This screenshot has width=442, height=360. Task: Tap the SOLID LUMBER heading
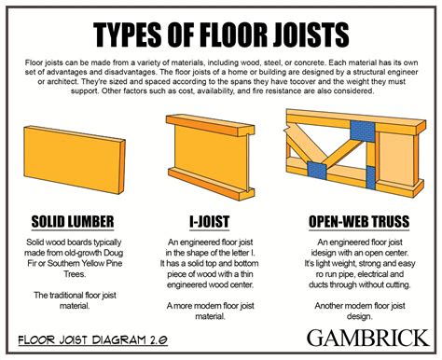point(73,221)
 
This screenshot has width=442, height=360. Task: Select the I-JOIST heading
point(210,221)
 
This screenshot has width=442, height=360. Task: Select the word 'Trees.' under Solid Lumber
point(73,276)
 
